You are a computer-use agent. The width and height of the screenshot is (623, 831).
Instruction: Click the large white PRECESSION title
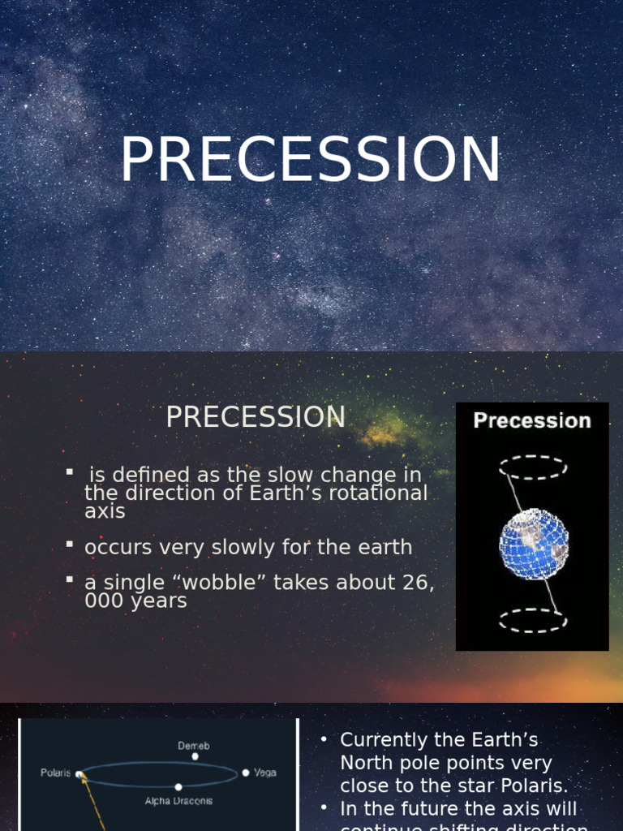[x=311, y=161]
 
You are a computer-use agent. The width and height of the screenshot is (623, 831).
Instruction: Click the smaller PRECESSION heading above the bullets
[x=256, y=417]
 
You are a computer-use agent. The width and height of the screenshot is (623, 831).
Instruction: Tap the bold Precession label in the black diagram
[x=532, y=420]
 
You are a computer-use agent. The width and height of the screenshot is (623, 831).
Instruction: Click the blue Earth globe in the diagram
[x=533, y=544]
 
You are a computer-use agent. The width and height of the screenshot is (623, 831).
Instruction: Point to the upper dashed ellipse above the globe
[x=532, y=467]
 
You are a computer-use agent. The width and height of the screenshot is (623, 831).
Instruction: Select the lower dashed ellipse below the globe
[x=532, y=621]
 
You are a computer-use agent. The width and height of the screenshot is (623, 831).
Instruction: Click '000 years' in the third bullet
[x=135, y=601]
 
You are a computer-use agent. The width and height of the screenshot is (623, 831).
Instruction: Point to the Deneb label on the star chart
[x=195, y=744]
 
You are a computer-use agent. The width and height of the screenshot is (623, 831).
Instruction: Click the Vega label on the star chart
[x=265, y=773]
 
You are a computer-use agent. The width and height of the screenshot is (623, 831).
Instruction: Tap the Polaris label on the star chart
[x=56, y=773]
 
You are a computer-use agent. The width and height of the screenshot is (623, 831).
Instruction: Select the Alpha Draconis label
[x=178, y=801]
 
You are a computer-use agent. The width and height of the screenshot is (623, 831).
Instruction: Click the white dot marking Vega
[x=246, y=773]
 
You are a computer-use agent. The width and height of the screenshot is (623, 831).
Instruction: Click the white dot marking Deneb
[x=195, y=756]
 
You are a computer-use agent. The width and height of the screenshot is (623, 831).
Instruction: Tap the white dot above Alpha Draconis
[x=178, y=786]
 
